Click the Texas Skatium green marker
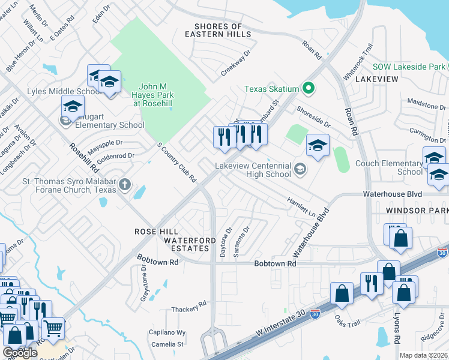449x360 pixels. (x=309, y=89)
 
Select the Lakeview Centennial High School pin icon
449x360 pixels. (x=301, y=170)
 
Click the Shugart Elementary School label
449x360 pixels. (x=109, y=125)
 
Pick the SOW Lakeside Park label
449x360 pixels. (x=409, y=66)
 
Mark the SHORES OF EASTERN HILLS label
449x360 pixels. (x=218, y=31)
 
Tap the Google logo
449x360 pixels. (x=20, y=353)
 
